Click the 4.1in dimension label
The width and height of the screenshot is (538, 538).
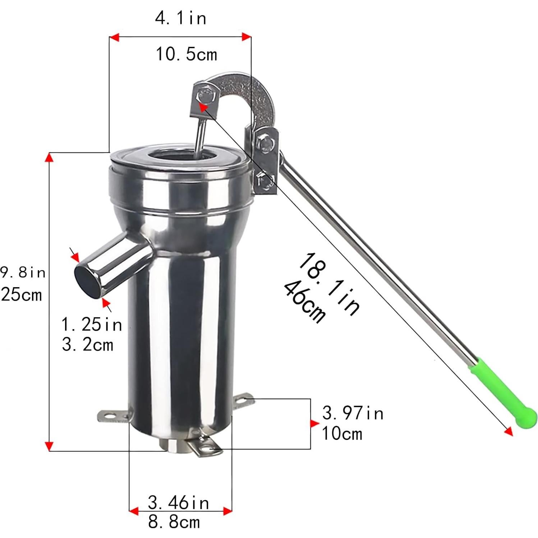point(181,18)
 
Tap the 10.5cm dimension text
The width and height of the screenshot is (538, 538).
point(187,55)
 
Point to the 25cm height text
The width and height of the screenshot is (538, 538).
point(22,295)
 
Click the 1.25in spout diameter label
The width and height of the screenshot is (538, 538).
point(92,325)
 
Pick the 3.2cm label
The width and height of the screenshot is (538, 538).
point(87,345)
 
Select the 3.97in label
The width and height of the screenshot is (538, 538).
point(353,413)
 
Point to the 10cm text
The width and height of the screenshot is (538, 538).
point(342,433)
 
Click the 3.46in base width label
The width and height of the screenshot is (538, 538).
point(178,502)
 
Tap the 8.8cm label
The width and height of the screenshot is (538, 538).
point(174,522)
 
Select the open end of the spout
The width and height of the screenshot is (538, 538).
point(87,281)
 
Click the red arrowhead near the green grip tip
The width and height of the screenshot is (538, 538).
point(508,431)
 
